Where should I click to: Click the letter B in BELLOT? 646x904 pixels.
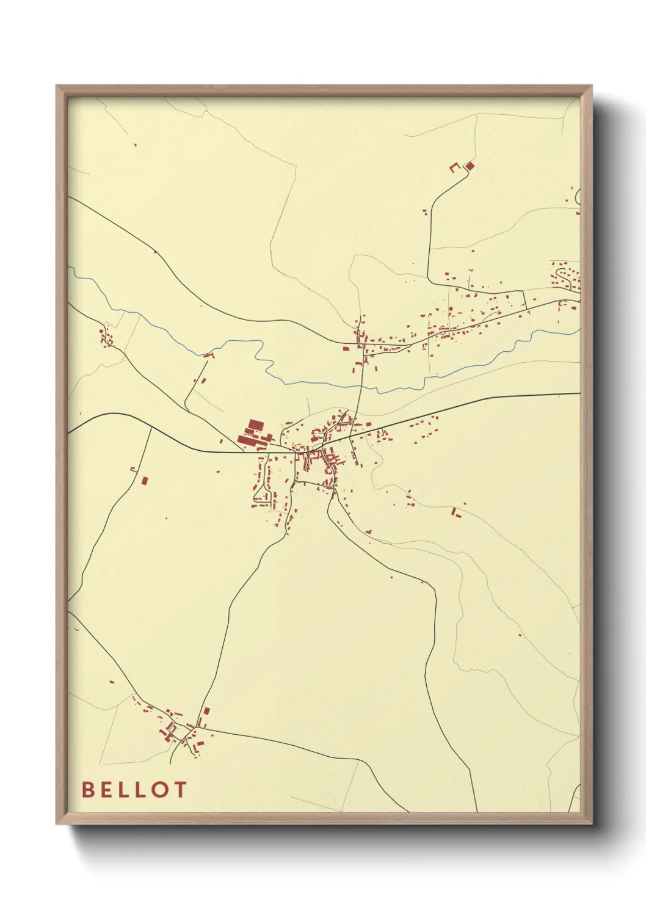click(x=88, y=789)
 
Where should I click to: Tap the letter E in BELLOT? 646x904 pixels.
click(x=107, y=789)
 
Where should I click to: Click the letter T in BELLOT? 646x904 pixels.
click(x=180, y=789)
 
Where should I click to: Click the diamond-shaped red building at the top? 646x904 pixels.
click(x=470, y=165)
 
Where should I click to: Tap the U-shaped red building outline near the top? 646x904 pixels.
click(x=454, y=167)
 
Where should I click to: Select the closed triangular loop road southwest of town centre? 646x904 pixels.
click(x=263, y=492)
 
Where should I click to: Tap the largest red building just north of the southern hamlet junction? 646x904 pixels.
click(x=206, y=712)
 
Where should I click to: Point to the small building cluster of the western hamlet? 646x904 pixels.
click(x=106, y=337)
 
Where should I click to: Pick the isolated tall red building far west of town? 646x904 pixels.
click(x=145, y=480)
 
